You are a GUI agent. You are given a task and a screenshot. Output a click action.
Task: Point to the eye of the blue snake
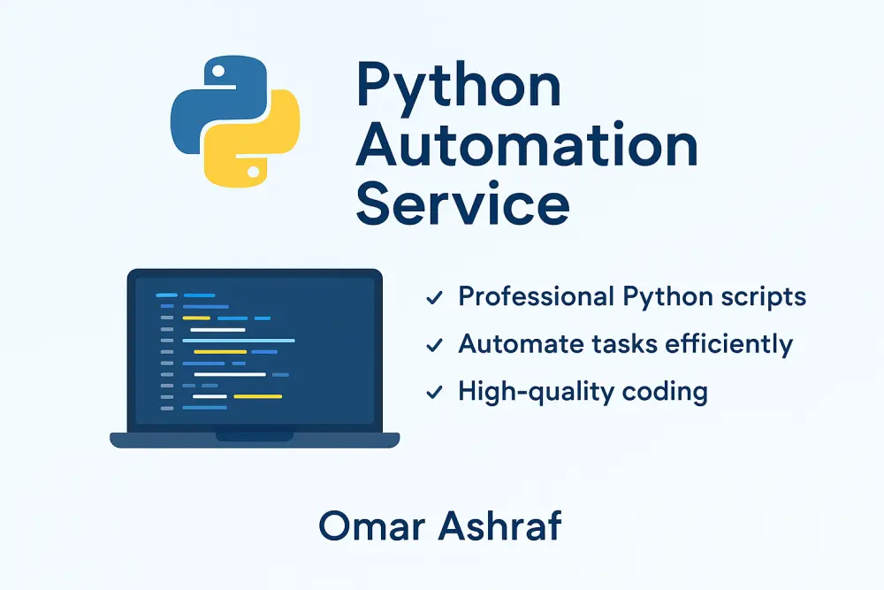215,70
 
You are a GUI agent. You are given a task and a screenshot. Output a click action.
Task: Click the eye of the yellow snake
255,169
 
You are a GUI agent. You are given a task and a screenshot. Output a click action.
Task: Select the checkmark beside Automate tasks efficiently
434,346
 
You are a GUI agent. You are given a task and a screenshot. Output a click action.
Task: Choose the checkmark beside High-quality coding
434,392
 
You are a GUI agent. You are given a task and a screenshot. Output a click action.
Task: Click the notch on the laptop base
255,435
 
